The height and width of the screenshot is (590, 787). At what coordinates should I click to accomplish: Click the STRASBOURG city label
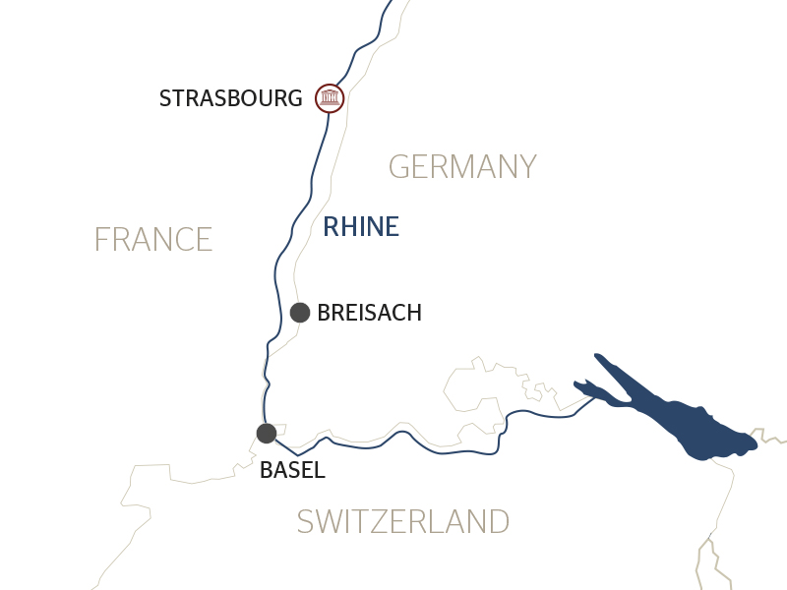pos(230,98)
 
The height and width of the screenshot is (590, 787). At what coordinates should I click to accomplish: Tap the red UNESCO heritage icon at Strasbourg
pos(329,98)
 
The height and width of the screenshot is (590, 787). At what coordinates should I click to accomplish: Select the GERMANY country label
pos(462,167)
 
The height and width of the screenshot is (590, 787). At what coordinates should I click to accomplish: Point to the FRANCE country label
pos(153,239)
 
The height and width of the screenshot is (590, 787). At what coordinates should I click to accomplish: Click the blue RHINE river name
pos(361,227)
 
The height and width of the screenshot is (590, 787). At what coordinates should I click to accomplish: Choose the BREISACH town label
pos(369,313)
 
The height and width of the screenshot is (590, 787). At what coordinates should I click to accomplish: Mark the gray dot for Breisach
pos(300,313)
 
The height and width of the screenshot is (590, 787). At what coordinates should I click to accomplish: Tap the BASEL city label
pos(292,470)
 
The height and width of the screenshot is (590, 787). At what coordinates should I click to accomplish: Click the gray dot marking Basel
pos(266,433)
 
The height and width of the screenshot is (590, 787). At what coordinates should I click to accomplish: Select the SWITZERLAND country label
pos(403,521)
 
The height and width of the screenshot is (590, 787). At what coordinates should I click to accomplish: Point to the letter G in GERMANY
pos(399,167)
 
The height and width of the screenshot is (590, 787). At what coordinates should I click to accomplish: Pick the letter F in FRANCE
pos(100,239)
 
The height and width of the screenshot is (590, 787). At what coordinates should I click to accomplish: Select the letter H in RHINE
pos(350,227)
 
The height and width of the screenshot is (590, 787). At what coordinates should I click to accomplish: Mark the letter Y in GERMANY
pos(526,167)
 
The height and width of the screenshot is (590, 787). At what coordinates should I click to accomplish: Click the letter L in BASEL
pos(318,470)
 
